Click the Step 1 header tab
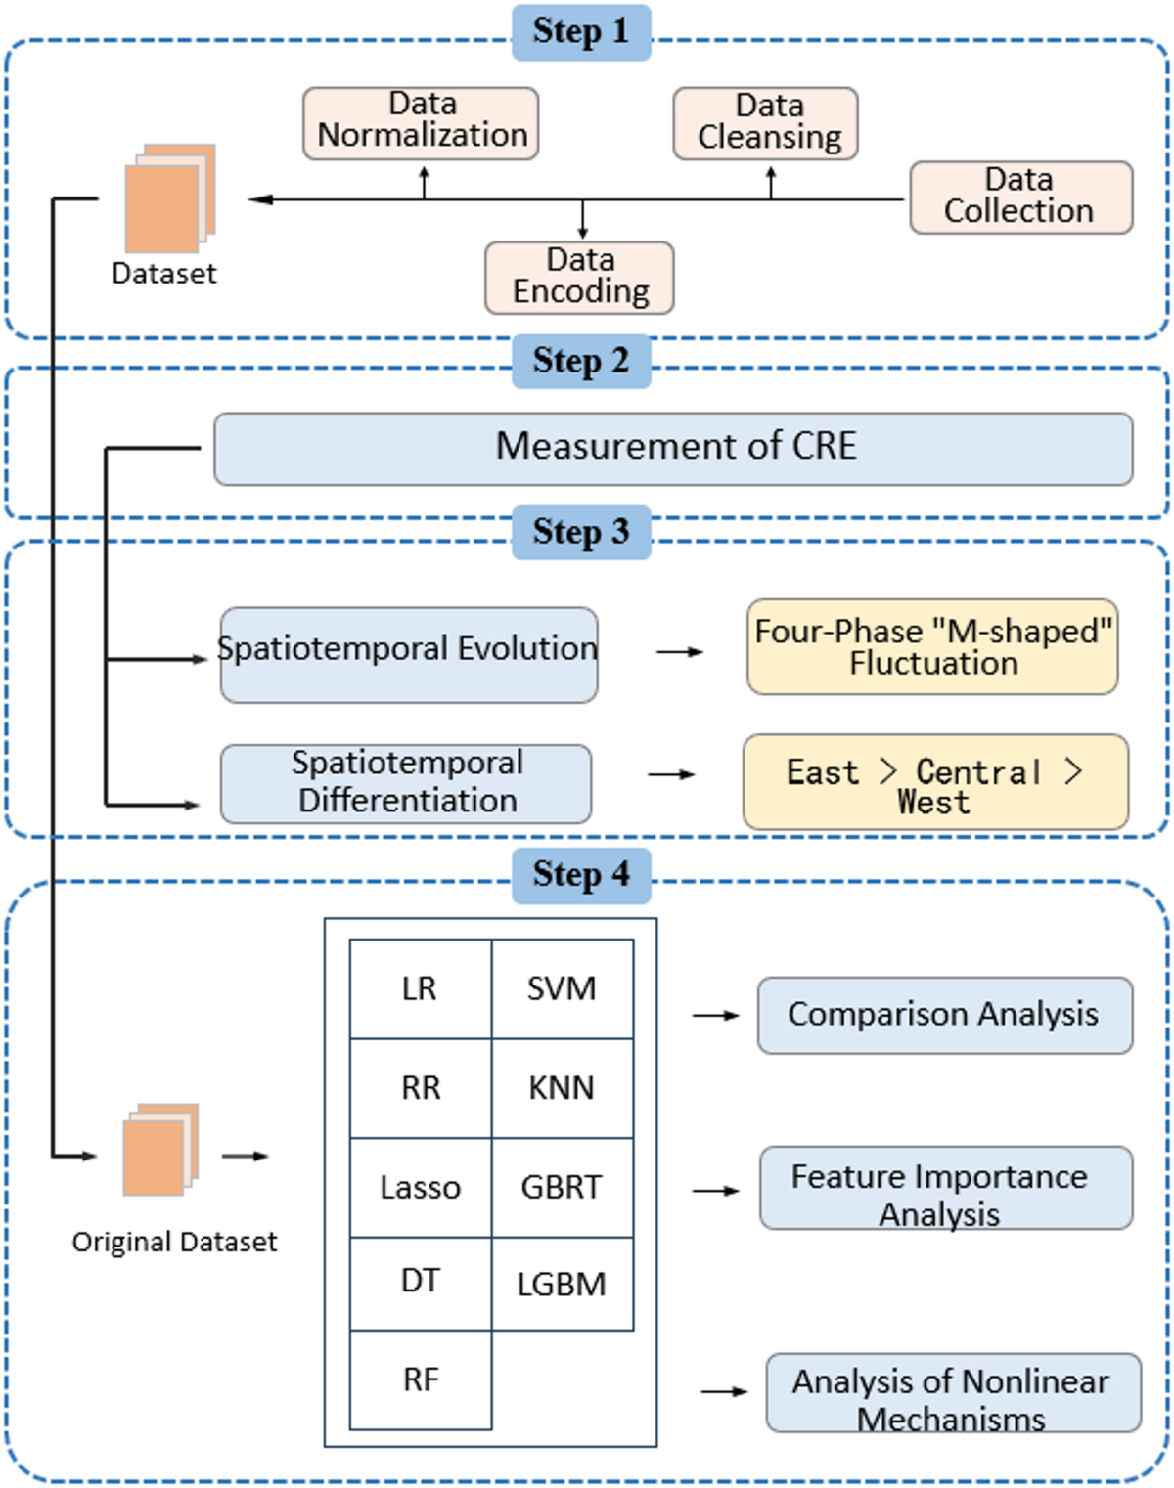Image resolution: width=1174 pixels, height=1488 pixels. point(581,32)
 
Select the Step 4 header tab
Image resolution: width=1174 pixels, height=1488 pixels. point(581,875)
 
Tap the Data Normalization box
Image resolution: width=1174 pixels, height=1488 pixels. point(421,123)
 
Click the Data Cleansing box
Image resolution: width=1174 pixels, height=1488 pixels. point(766,123)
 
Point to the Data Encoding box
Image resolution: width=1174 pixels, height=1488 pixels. point(579,278)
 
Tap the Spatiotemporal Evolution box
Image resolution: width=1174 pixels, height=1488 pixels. point(409,654)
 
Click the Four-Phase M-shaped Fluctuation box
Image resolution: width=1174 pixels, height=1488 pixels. point(932,647)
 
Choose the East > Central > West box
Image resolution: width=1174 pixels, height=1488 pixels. point(935,782)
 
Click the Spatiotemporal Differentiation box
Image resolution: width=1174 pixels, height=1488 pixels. point(406,783)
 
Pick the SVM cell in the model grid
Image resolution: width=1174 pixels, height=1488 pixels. point(562,988)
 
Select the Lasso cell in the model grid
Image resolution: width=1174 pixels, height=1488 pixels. point(421,1187)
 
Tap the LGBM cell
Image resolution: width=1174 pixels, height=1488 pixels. point(562,1283)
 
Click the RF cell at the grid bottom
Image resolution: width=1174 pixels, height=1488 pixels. point(421,1379)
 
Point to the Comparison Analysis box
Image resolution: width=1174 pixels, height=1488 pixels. point(944,1015)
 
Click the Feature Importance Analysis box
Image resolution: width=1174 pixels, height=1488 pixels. point(945,1188)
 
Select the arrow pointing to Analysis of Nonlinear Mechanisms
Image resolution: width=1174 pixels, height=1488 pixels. point(725,1391)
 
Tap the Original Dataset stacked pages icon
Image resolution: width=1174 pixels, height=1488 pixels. point(159,1151)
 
